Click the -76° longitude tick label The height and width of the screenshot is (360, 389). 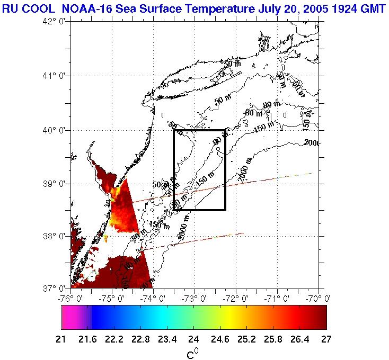point(71,299)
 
